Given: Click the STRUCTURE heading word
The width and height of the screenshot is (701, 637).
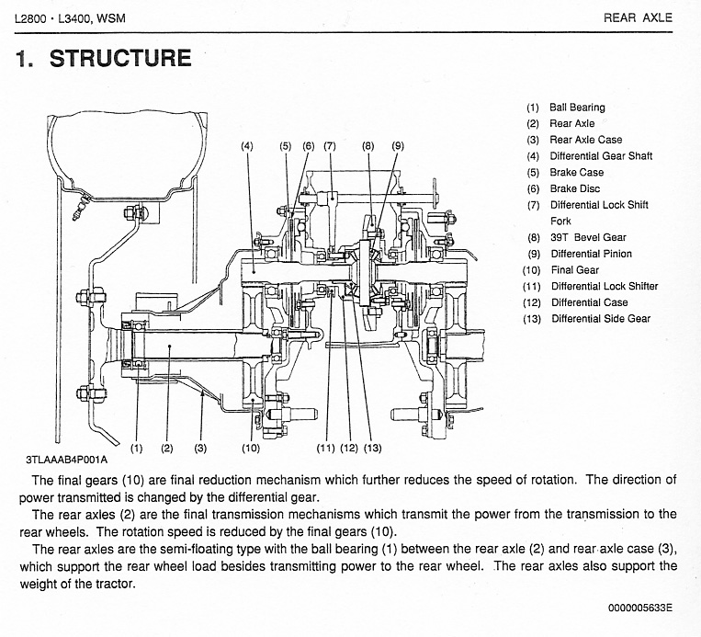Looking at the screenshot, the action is point(120,59).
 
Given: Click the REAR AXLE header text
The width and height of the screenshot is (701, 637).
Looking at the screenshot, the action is point(638,17).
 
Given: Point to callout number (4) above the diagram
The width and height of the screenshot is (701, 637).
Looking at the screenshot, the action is point(247,146).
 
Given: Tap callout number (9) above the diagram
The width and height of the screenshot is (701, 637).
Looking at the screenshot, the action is point(398,146).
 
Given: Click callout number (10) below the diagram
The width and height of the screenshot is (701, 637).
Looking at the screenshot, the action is point(251,448).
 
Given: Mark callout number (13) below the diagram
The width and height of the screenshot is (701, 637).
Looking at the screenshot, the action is point(372,448).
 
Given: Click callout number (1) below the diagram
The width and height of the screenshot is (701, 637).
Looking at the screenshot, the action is point(136,448).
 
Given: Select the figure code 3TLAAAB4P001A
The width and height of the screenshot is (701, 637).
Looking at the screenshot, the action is point(67,460).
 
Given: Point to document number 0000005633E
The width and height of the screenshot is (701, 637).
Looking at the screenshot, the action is point(639,608).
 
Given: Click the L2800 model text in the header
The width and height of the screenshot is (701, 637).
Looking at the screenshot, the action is point(30,18).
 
